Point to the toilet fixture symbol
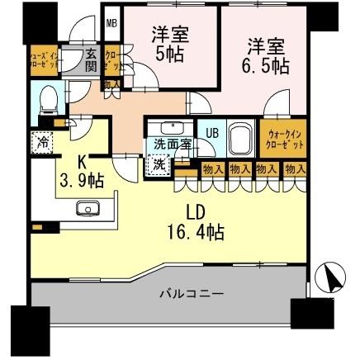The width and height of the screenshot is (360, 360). click(50, 99)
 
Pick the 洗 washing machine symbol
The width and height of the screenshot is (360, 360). click(157, 163)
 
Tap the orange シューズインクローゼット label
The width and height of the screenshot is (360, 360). click(18, 63)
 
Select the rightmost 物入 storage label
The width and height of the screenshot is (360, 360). click(294, 169)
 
